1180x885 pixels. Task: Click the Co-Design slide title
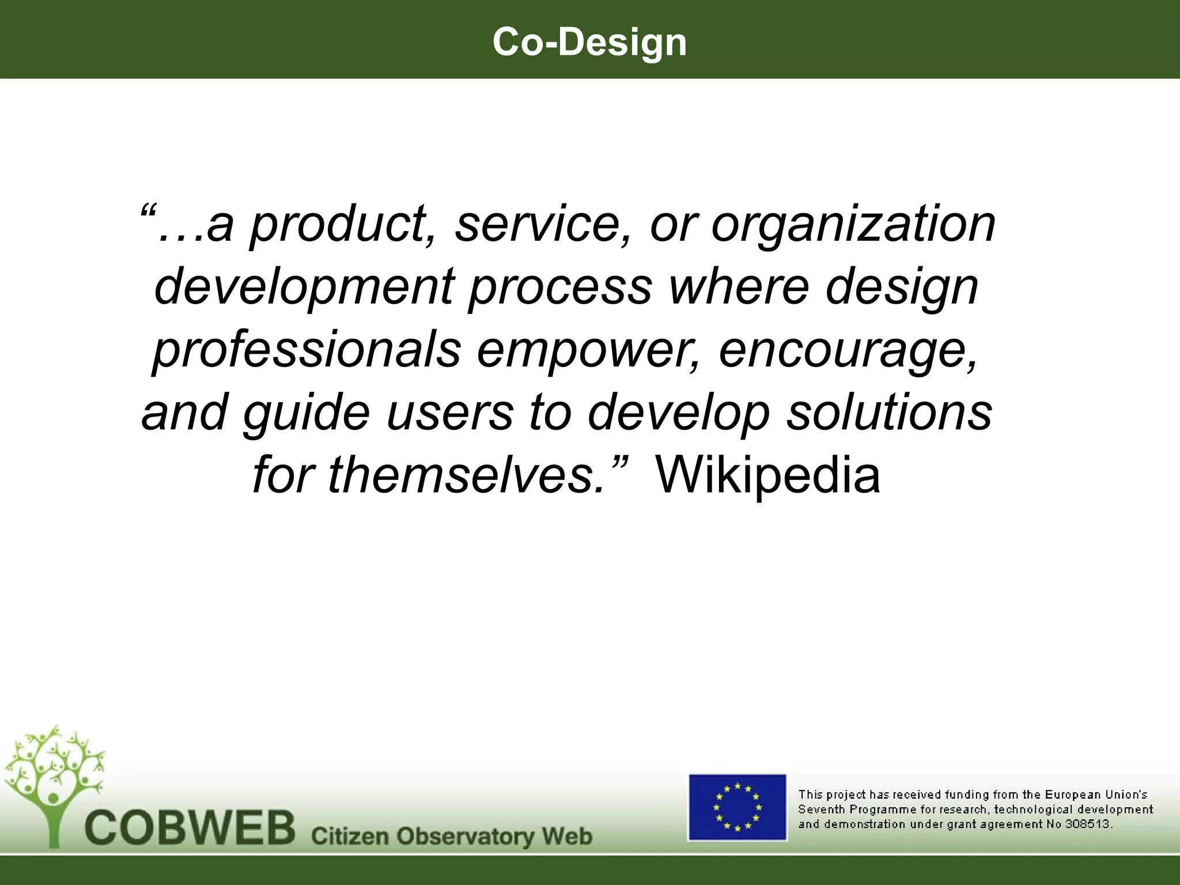589,42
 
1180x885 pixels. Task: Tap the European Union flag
737,807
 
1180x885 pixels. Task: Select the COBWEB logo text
190,828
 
